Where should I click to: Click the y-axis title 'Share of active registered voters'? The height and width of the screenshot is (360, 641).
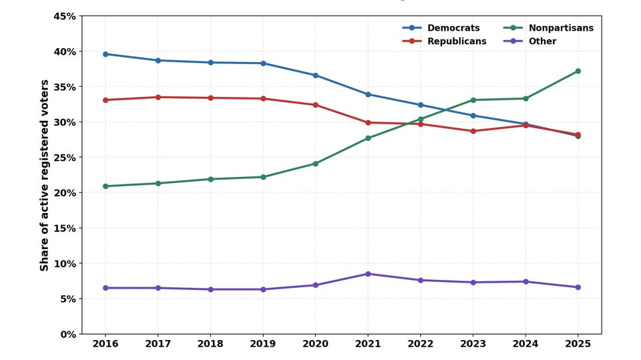pyautogui.click(x=45, y=175)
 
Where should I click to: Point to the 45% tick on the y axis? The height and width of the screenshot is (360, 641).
pyautogui.click(x=65, y=16)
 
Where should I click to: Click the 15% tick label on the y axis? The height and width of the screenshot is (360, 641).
pyautogui.click(x=65, y=228)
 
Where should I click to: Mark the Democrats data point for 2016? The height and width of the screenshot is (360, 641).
pyautogui.click(x=105, y=54)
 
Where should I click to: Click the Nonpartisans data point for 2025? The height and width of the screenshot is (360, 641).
pyautogui.click(x=578, y=71)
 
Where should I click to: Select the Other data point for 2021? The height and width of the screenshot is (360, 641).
pyautogui.click(x=368, y=274)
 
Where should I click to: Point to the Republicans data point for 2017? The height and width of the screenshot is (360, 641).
pyautogui.click(x=158, y=98)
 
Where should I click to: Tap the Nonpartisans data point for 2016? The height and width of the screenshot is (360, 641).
pyautogui.click(x=105, y=186)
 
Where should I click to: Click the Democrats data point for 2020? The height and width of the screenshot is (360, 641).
pyautogui.click(x=315, y=75)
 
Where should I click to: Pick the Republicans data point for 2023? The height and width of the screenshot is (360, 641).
pyautogui.click(x=473, y=131)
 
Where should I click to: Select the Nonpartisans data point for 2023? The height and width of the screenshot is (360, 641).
pyautogui.click(x=473, y=100)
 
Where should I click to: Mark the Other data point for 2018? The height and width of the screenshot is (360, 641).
pyautogui.click(x=210, y=289)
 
